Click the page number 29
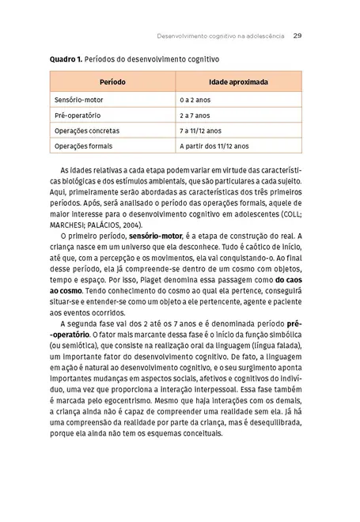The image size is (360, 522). coord(297,35)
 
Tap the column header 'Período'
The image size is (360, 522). coord(112,82)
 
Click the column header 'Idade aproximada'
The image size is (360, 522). coord(237,82)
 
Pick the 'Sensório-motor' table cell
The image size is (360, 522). coord(78,102)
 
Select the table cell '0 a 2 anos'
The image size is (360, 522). coord(195,102)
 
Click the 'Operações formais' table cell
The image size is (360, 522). coord(83,146)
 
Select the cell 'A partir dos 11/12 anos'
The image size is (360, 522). coord(214,146)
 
